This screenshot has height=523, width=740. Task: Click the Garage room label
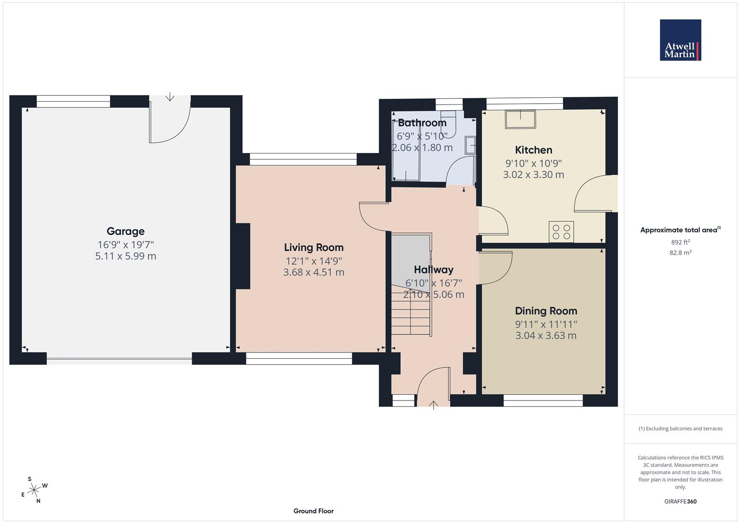pos(126,231)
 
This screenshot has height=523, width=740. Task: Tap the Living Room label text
pos(314,247)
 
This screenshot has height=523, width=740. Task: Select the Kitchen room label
pos(534,150)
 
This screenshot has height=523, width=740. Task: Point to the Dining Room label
pos(546,311)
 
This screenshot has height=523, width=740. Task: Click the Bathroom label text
pos(422,123)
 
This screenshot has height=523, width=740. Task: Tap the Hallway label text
pos(433,270)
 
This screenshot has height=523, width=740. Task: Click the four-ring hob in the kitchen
pos(561,232)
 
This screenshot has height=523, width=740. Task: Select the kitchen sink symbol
pos(520,120)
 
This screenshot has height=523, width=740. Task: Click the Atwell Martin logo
pos(680,40)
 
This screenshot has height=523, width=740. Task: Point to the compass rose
pos(34,490)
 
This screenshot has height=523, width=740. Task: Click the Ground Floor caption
pos(314,511)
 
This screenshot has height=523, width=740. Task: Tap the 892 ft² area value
pos(680,242)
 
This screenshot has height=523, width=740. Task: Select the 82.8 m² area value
pos(680,253)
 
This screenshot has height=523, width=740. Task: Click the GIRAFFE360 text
pos(680,502)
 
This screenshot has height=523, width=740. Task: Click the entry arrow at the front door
pos(433,405)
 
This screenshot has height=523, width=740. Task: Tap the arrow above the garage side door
pos(170,96)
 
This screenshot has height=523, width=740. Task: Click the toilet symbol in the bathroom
pos(449,124)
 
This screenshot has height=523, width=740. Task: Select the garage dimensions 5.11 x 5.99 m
pos(126,256)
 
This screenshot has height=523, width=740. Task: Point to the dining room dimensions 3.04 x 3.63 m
pos(546,336)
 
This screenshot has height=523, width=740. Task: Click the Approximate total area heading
pos(680,230)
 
